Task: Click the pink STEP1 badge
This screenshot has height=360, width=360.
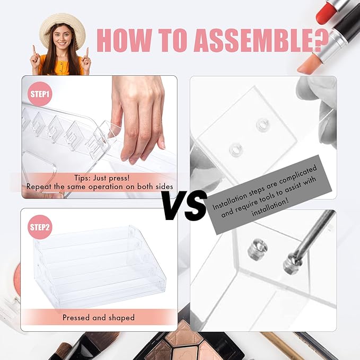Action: click(40, 94)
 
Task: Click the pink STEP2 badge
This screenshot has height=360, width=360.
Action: click(40, 227)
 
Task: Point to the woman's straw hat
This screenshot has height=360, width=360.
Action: click(62, 27)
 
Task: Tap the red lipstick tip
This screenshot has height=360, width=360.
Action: click(324, 12)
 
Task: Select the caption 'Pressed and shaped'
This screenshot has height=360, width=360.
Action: click(99, 318)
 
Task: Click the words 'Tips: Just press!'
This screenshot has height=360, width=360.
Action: click(102, 178)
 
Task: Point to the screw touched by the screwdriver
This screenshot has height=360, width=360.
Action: click(290, 264)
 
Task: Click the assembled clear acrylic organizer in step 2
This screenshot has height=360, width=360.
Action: click(100, 266)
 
